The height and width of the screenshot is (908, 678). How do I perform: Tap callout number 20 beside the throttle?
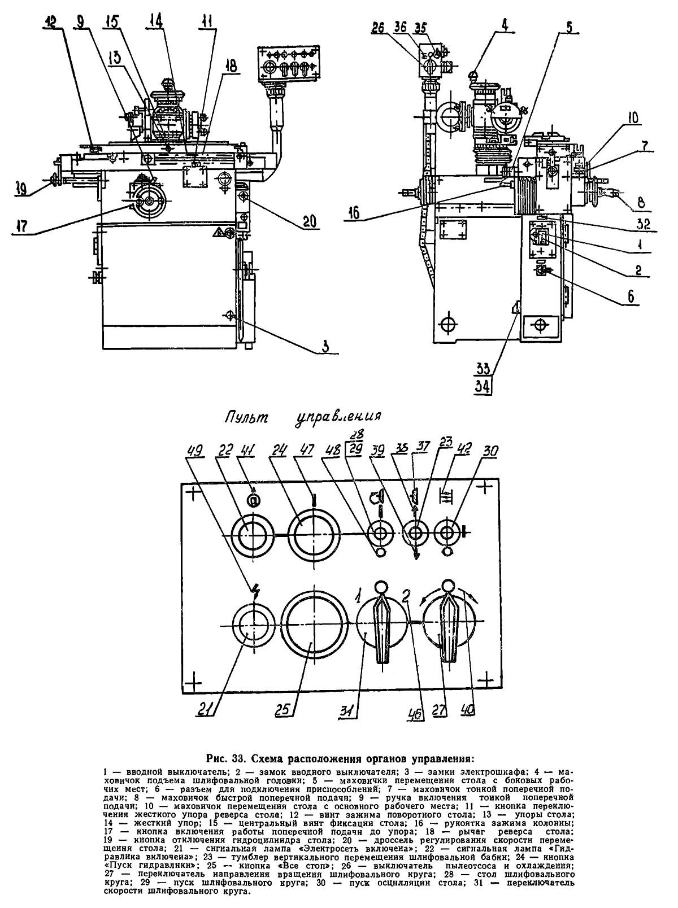309,221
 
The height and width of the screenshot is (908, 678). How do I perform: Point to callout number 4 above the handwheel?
504,25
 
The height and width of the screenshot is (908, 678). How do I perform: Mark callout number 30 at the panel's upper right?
491,451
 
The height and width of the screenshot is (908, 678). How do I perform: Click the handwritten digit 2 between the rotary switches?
405,595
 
